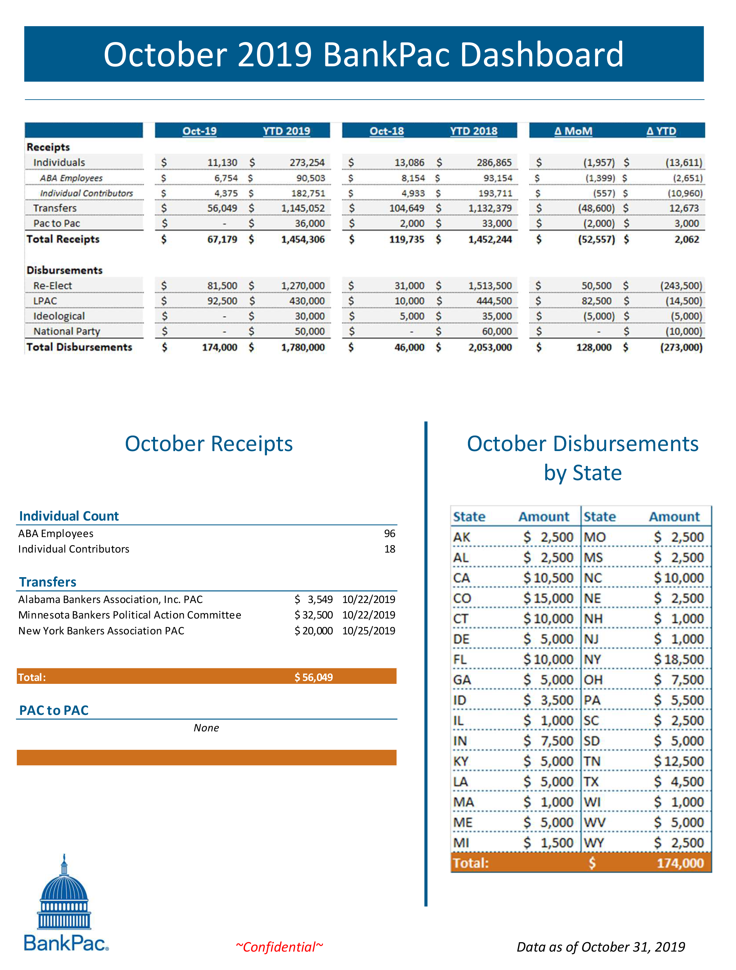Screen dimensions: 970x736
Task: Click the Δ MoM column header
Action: point(573,131)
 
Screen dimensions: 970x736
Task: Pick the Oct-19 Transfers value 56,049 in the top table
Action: point(222,208)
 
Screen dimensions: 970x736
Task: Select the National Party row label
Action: point(67,331)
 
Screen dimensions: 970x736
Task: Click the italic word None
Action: point(206,727)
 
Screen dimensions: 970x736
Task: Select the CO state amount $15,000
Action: point(548,598)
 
